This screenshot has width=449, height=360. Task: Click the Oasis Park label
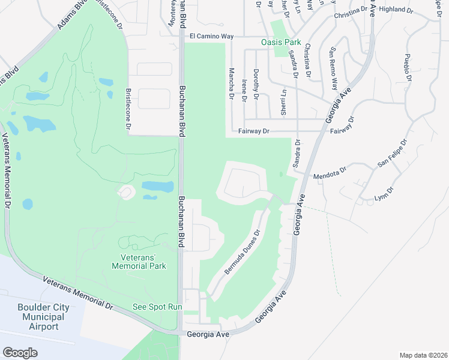[281, 42]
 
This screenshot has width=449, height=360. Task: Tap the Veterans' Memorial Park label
[139, 261]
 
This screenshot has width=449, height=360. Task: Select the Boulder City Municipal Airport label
[43, 317]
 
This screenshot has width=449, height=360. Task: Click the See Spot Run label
[157, 307]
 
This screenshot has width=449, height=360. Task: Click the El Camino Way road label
[211, 37]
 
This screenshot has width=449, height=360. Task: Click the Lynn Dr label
[384, 194]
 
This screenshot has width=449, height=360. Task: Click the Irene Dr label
[244, 90]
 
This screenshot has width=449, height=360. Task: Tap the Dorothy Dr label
[256, 83]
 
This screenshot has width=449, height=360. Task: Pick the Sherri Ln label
[284, 101]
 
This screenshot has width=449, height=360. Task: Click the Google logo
[20, 352]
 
